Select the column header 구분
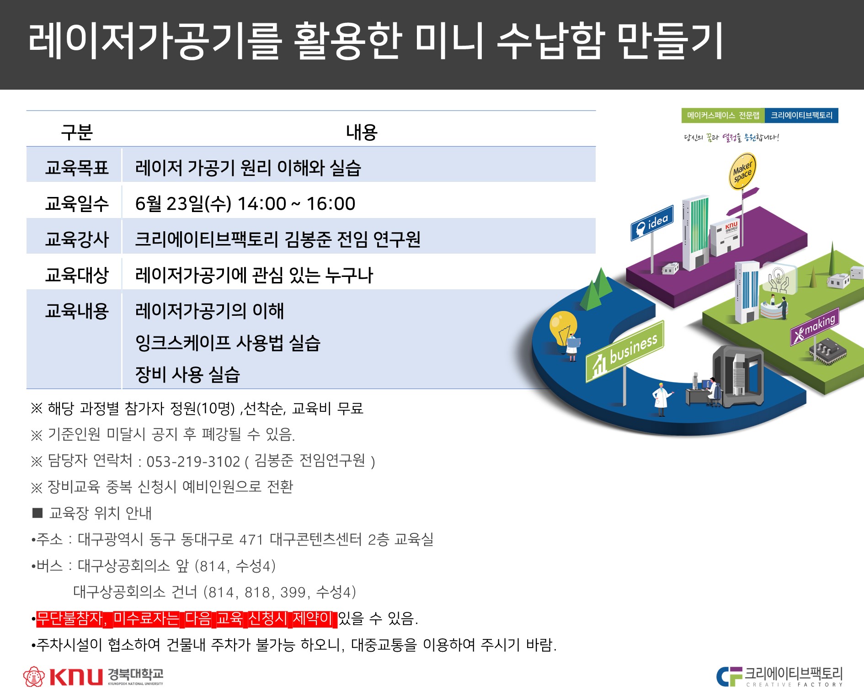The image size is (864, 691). pos(77,133)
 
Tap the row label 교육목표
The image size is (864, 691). pos(77,168)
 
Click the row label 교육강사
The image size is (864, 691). pos(77,239)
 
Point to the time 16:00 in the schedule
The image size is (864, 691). pos(331,204)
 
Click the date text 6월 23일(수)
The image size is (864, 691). pos(183,204)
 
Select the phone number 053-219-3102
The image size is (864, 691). pos(193,462)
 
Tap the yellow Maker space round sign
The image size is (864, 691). pos(742,171)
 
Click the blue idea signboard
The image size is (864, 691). pos(652,223)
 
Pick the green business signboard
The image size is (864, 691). pos(624,352)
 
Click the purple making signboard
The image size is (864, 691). pos(815,327)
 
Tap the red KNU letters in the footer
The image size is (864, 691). pos(75,676)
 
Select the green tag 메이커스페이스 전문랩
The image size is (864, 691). pos(723,116)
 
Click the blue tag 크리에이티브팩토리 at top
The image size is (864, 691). pos(801,116)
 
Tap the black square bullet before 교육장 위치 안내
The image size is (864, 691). pos(37,513)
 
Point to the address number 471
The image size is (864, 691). pos(251,540)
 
